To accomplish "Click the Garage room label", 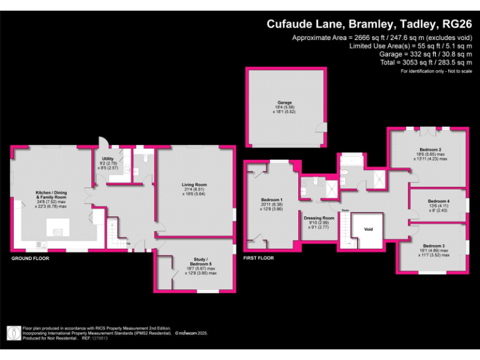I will click(x=285, y=102).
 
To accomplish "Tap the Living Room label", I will click(x=194, y=185).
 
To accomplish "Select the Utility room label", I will click(x=107, y=159).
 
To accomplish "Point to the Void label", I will click(x=368, y=229).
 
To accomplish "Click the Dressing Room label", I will click(x=319, y=218).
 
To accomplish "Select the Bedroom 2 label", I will click(x=431, y=150).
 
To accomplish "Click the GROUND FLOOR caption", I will click(x=30, y=257).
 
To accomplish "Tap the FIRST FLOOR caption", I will click(x=258, y=257).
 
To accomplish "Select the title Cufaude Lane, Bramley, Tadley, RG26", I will click(x=369, y=24).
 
